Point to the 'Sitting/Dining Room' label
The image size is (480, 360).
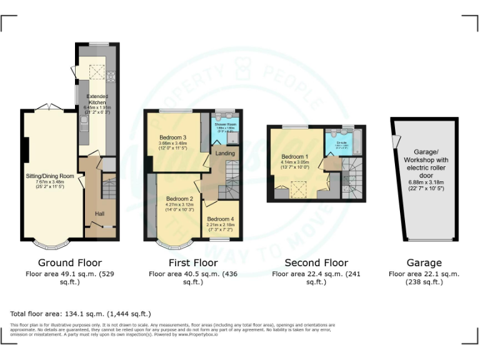click(49, 176)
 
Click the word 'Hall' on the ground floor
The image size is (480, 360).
click(99, 214)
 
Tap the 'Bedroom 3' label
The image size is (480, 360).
click(172, 137)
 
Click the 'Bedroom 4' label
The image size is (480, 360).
click(220, 219)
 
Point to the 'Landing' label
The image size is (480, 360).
click(225, 153)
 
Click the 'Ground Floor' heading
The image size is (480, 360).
click(70, 262)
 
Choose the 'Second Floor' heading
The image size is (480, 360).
click(316, 262)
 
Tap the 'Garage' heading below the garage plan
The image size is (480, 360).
click(424, 262)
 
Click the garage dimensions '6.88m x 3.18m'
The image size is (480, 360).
click(424, 181)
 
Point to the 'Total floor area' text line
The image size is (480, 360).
click(81, 314)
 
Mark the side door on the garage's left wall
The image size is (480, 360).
click(394, 143)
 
